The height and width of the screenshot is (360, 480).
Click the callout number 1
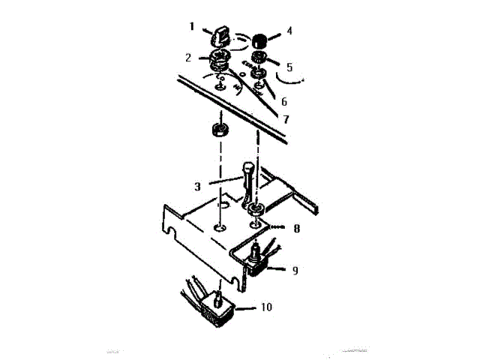192,26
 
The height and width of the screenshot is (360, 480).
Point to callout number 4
289,33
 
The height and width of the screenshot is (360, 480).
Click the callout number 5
289,67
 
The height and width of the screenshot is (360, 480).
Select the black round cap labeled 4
260,40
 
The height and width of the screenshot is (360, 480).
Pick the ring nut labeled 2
219,58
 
